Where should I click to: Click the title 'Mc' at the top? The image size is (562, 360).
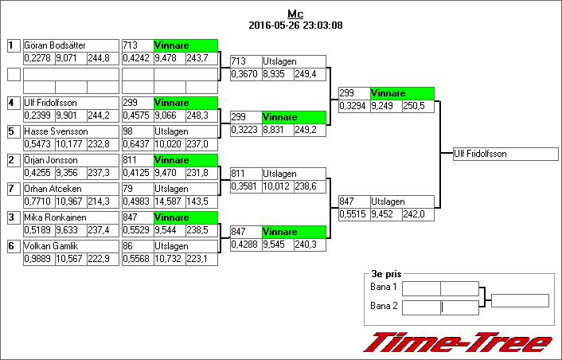295,14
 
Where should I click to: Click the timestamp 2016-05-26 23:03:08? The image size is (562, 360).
295,25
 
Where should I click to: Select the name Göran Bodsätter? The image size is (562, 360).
56,45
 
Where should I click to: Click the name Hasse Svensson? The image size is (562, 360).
53,131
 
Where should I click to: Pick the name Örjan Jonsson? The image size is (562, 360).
52,160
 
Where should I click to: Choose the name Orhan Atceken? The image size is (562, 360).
53,189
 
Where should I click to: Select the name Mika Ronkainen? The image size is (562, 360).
54,217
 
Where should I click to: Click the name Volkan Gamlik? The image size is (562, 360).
51,246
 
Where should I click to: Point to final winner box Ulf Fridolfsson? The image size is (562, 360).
505,154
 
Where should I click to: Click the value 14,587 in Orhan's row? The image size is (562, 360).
169,202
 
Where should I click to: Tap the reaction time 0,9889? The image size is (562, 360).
37,259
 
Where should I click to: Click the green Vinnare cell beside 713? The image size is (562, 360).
185,45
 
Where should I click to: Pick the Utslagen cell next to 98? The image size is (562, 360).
185,131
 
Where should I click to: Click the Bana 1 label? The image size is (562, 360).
384,286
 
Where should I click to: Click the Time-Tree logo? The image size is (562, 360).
458,342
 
